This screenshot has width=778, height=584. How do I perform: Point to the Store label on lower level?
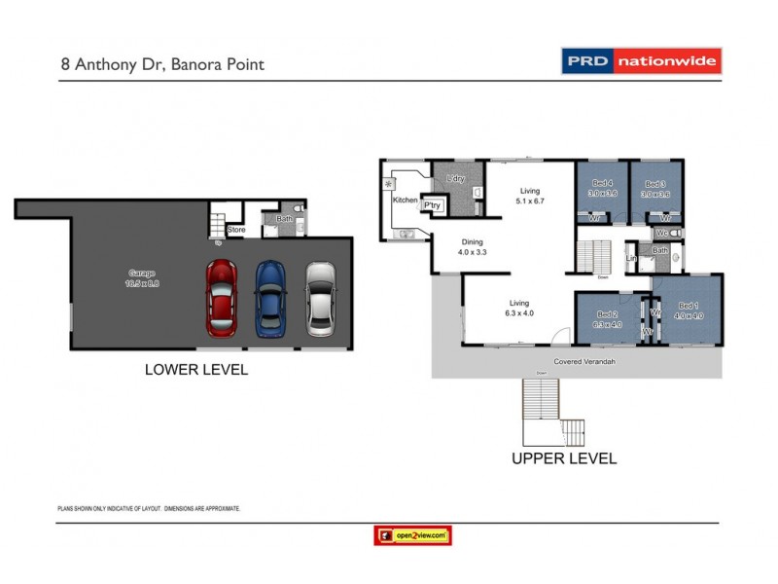tap(236, 230)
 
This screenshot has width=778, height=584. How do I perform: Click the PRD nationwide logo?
tap(642, 62)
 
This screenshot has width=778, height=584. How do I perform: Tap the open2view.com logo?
tap(413, 534)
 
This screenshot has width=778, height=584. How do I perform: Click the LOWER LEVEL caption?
tap(195, 369)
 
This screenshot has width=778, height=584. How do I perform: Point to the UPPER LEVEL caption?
tap(564, 456)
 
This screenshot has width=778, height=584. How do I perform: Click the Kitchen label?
tap(405, 200)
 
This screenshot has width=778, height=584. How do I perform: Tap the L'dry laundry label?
tap(453, 180)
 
